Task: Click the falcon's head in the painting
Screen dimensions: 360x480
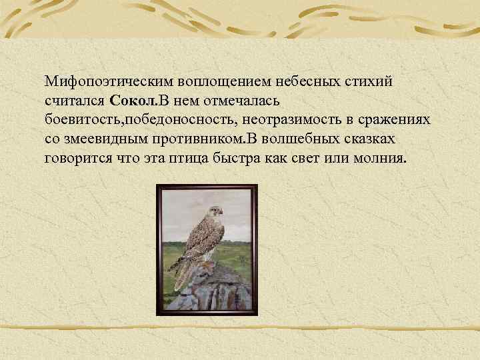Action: point(213,213)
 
